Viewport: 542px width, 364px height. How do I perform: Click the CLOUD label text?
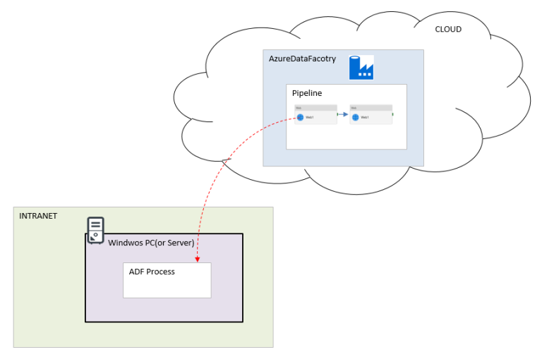[x=448, y=30]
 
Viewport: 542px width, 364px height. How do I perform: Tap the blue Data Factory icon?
[x=361, y=67]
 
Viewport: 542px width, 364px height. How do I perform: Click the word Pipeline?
[x=307, y=93]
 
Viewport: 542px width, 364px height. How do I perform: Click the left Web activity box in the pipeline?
[x=315, y=114]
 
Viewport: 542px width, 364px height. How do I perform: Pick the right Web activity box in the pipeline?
[x=371, y=114]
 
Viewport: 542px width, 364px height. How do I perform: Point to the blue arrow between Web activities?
[x=343, y=114]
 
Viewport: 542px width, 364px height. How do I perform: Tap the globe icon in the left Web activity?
[x=300, y=118]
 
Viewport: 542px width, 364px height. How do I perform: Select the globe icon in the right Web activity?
[x=355, y=118]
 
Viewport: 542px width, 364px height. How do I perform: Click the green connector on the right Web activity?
[x=393, y=114]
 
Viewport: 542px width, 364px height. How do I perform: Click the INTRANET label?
[x=38, y=215]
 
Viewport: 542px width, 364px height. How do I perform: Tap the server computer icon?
[x=95, y=229]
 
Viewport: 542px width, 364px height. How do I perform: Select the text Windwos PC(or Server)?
[x=151, y=243]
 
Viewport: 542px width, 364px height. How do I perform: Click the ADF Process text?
[x=152, y=272]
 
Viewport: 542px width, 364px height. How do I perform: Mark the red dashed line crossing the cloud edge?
[x=224, y=163]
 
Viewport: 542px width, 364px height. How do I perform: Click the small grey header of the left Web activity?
[x=315, y=108]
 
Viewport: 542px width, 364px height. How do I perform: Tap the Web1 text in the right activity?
[x=365, y=118]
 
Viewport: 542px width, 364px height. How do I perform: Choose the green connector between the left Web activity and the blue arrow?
[x=337, y=114]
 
